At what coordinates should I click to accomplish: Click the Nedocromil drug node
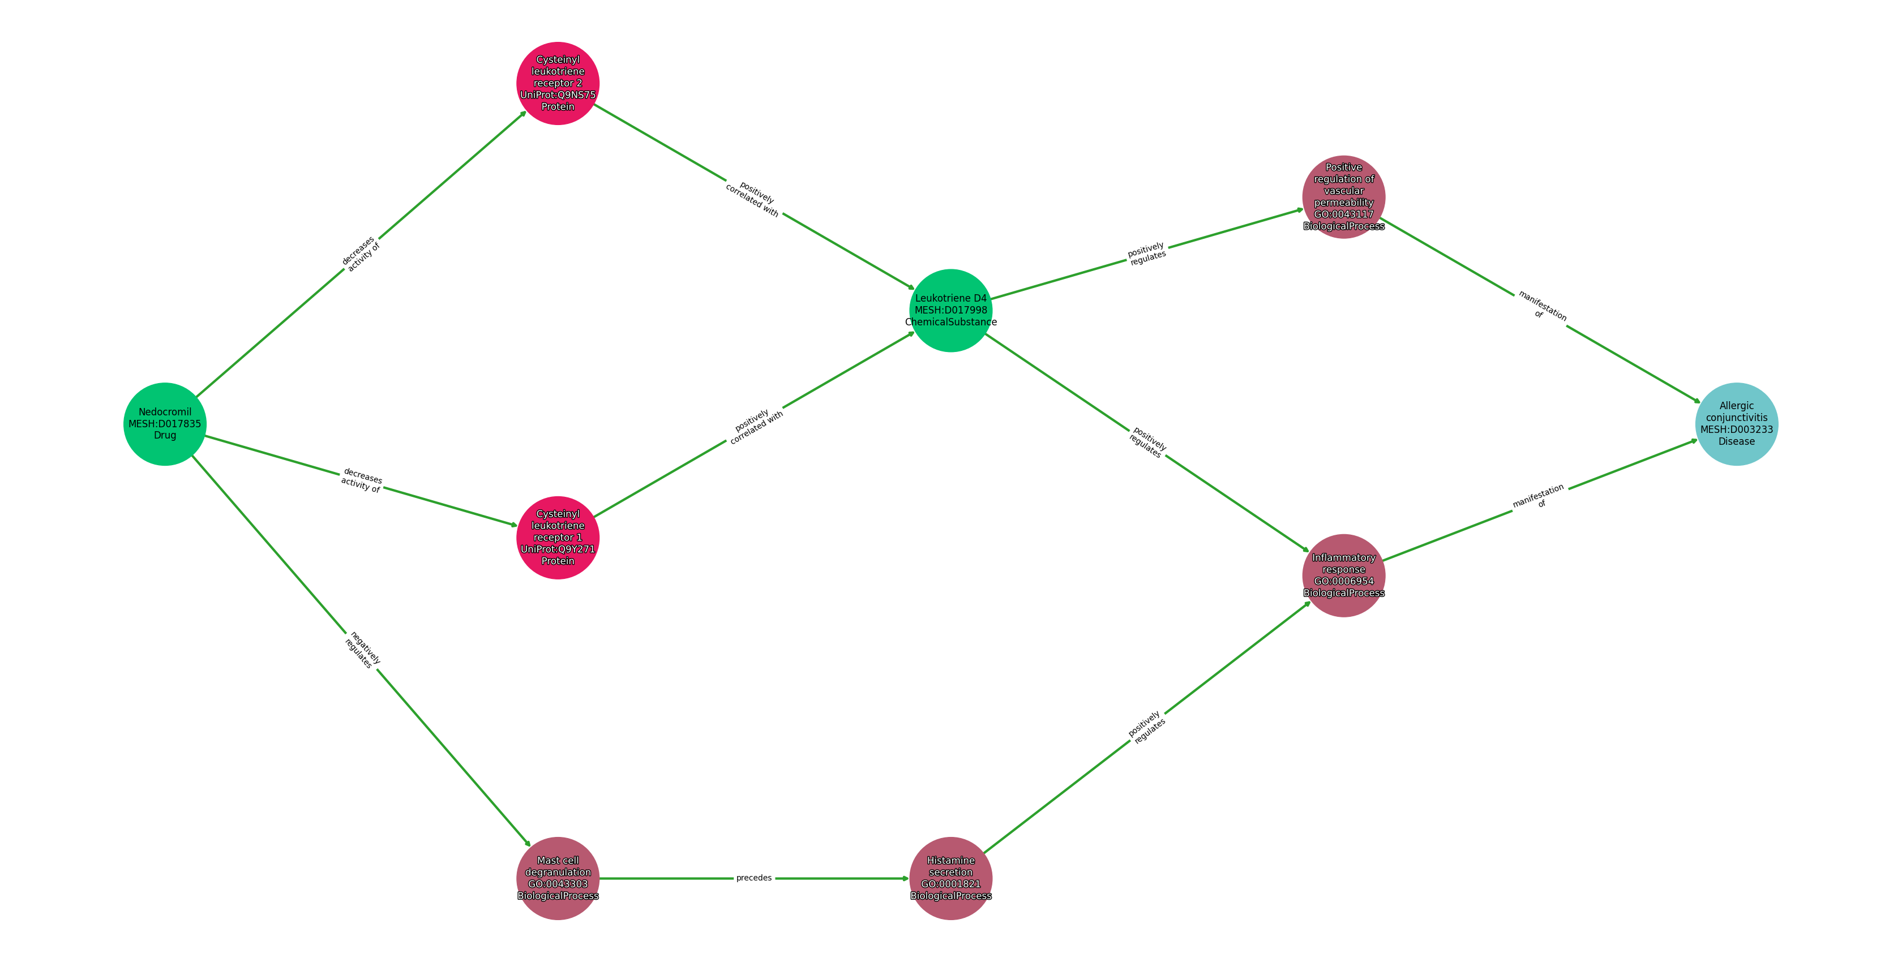coord(165,424)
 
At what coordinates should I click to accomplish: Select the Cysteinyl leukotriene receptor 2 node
coord(558,83)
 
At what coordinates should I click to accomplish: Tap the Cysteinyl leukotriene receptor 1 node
coord(558,538)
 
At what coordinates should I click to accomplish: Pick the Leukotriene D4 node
coord(950,310)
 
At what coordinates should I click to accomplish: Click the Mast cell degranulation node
coord(558,878)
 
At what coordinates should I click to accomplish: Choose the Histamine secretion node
coord(950,878)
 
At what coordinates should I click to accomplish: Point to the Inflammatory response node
coord(1343,575)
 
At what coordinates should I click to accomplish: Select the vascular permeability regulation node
coord(1343,197)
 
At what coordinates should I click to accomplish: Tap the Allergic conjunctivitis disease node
coord(1736,424)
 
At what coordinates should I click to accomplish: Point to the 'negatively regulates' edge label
coord(362,650)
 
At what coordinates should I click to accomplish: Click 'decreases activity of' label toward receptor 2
coord(361,254)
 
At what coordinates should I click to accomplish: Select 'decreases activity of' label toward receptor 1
coord(362,480)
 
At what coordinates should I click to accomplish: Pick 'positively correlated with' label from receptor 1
coord(755,426)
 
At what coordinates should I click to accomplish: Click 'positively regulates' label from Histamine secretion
coord(1147,727)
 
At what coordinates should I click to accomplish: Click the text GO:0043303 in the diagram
coord(558,884)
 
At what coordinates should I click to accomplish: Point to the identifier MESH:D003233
coord(1736,430)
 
